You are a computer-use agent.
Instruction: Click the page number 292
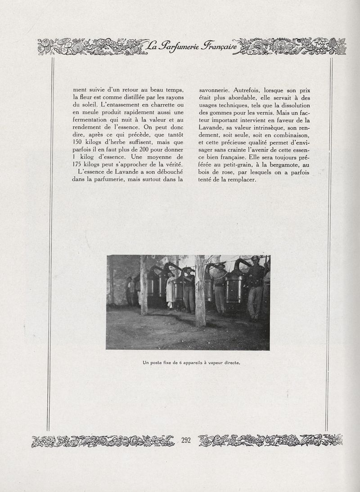point(186,440)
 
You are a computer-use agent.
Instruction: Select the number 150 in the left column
point(79,142)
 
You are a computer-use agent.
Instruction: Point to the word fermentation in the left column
point(93,120)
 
